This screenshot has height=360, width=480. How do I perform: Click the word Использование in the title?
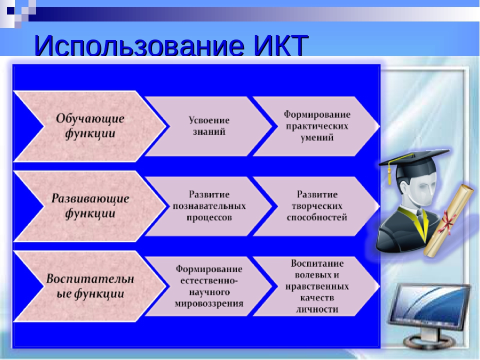pos(139,45)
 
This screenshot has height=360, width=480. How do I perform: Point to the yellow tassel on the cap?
pos(389,175)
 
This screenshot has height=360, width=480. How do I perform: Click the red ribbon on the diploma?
pos(447,221)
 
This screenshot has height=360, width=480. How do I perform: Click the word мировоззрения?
pos(209,303)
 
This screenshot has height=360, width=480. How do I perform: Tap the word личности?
pos(317,309)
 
